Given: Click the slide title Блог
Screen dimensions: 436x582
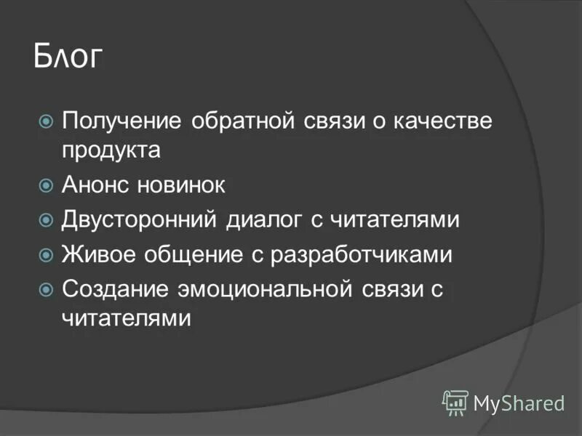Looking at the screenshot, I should (68, 57).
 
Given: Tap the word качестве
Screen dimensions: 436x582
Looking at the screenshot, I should (440, 121).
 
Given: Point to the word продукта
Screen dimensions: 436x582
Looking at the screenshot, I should (111, 151).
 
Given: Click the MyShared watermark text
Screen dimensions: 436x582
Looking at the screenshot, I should (519, 403).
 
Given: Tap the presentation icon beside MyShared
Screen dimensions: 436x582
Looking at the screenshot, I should (455, 402).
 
